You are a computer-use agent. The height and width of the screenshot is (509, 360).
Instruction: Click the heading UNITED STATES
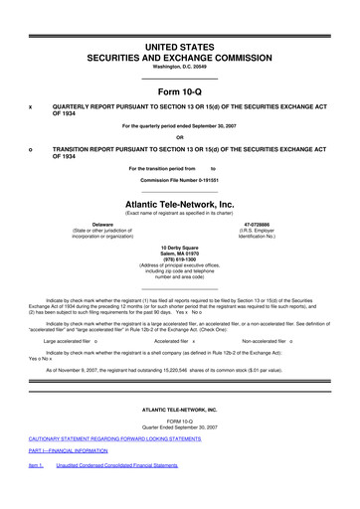(x=180, y=20)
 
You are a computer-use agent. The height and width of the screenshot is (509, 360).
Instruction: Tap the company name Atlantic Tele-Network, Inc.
(x=180, y=204)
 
